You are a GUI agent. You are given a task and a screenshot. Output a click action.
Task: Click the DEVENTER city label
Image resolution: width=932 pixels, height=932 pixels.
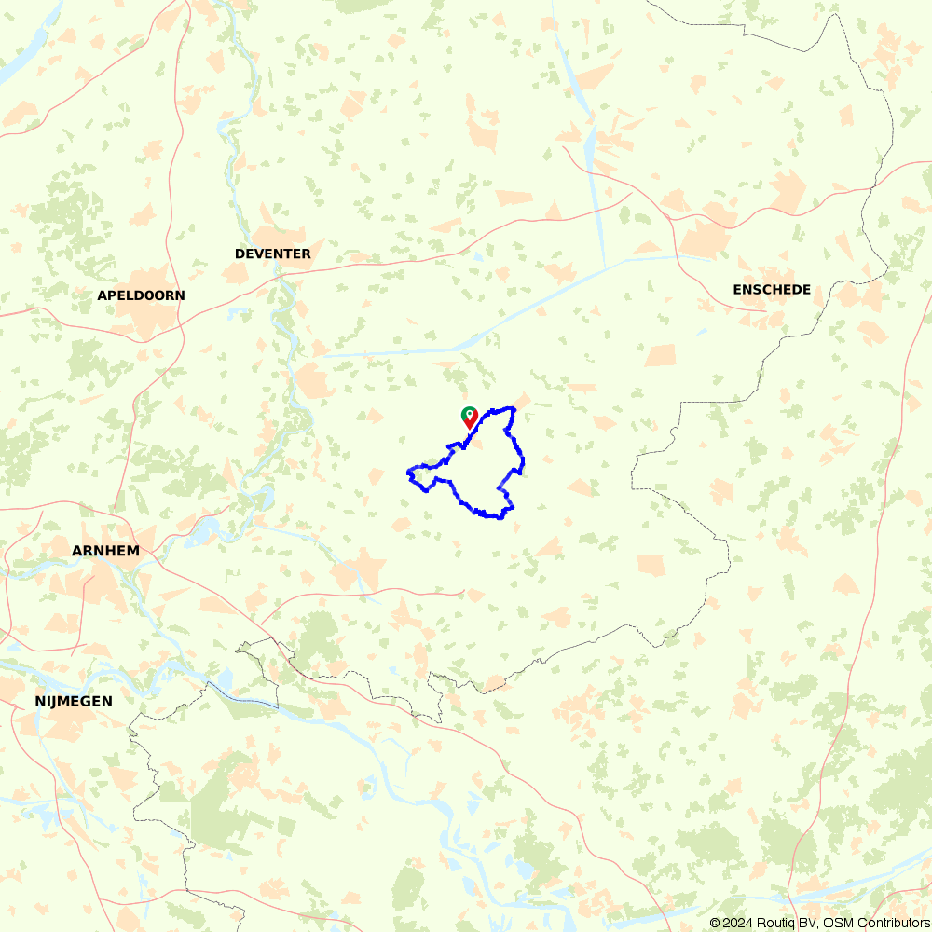(272, 254)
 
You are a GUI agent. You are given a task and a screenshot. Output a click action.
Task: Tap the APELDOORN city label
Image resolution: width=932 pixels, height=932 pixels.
(141, 295)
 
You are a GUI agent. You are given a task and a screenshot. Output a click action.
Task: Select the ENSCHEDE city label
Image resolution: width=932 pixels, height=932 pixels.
(772, 290)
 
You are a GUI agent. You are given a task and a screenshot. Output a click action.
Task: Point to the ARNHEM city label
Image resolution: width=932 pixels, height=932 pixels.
(105, 551)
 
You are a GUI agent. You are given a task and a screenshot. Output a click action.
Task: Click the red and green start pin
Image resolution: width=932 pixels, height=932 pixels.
(470, 418)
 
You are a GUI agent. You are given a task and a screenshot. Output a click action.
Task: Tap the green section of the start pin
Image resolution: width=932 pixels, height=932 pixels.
(470, 412)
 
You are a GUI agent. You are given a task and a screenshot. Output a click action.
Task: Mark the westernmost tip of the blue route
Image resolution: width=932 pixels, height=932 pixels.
(408, 474)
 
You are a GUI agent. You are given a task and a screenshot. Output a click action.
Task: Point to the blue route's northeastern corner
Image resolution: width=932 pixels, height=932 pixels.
(513, 408)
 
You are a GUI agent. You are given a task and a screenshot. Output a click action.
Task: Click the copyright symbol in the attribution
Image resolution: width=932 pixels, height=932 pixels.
(715, 923)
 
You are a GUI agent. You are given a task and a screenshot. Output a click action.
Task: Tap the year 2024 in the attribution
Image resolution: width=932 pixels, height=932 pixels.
(736, 923)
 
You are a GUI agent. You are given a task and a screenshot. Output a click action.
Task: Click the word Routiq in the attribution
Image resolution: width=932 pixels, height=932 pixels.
(774, 923)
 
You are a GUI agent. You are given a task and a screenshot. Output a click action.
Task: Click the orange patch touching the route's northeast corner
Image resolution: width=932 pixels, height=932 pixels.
(522, 400)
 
